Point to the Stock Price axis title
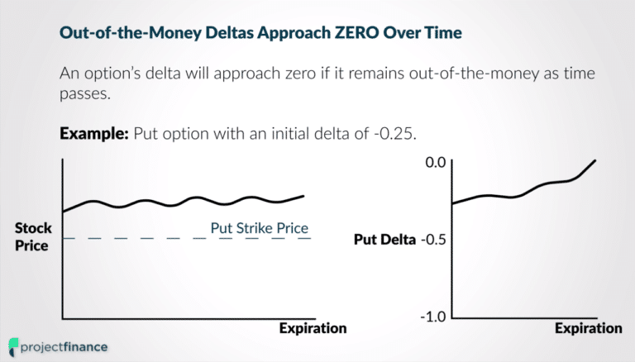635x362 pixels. click(x=33, y=236)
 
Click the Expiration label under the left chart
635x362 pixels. click(x=313, y=329)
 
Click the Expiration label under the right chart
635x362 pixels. click(x=588, y=329)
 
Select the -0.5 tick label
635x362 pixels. click(x=432, y=241)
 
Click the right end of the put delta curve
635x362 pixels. click(x=595, y=160)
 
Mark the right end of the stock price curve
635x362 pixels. click(x=303, y=196)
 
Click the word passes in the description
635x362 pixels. click(x=84, y=95)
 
